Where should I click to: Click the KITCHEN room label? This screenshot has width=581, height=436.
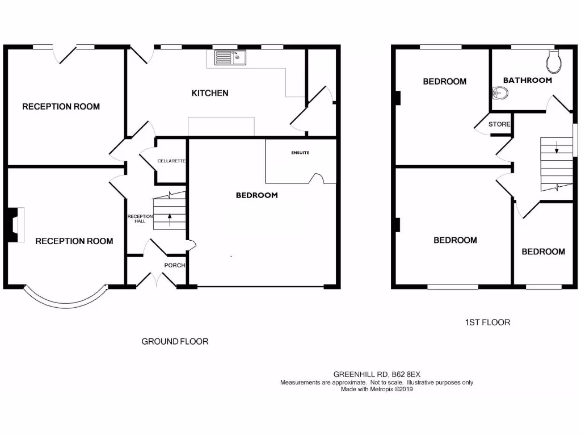click(210, 93)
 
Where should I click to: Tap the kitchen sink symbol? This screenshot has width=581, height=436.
click(230, 57)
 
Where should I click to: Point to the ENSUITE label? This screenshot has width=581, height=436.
click(300, 153)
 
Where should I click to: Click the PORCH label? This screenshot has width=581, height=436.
click(174, 265)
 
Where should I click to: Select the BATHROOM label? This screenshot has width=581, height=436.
click(527, 80)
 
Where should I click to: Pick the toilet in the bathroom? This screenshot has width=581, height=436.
click(553, 60)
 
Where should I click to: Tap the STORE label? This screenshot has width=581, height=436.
click(499, 124)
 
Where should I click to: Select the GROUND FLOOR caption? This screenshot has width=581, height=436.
click(175, 341)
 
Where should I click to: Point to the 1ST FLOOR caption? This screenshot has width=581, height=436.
click(487, 322)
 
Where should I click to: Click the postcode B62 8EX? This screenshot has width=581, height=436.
click(405, 374)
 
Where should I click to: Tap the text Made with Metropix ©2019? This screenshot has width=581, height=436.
click(377, 389)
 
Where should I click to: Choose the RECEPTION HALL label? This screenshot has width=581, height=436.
click(136, 219)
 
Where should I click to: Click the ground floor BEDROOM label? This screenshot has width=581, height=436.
click(256, 195)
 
